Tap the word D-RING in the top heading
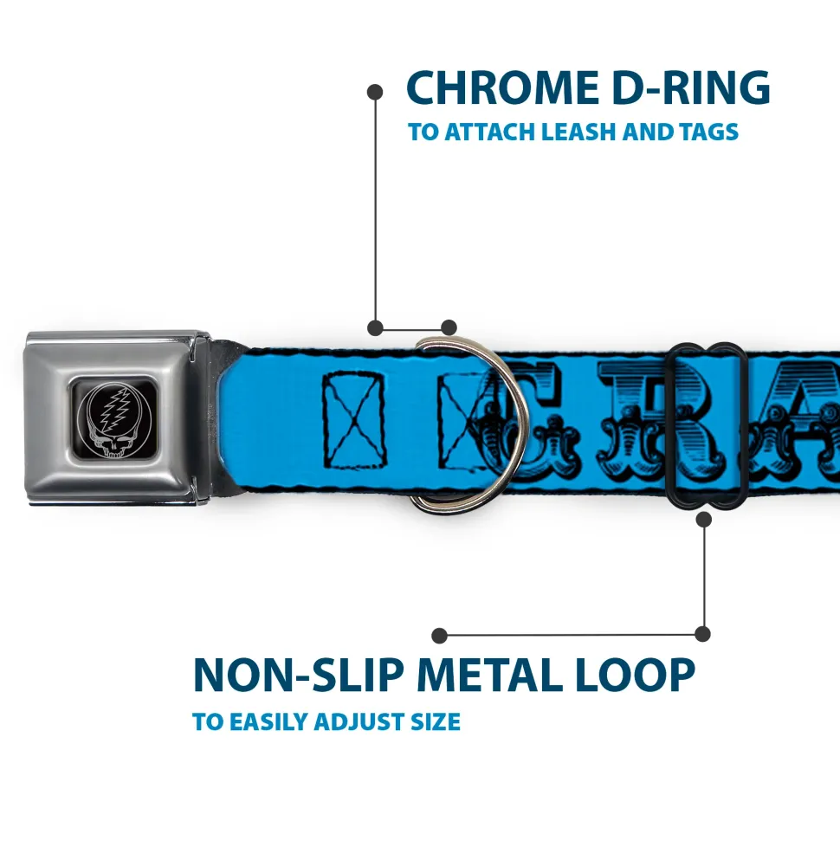(x=685, y=88)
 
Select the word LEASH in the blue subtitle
(x=585, y=133)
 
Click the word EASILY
(x=275, y=721)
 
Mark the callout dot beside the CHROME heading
(x=375, y=90)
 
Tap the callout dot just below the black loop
(x=703, y=519)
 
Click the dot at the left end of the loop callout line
(x=440, y=636)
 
